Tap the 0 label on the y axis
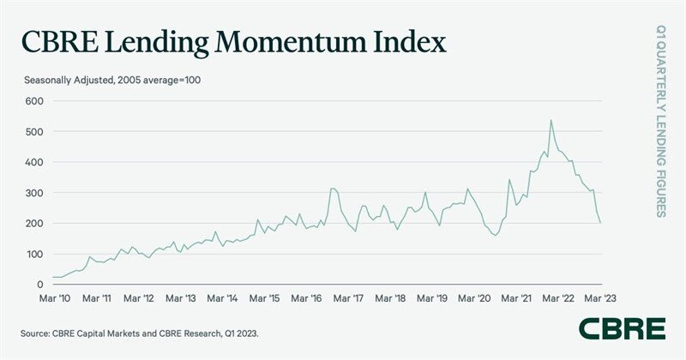[x=38, y=285]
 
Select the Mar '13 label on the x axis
[x=179, y=299]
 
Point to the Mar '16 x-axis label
[x=305, y=299]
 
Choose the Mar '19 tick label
[x=431, y=299]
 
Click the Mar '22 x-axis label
[x=558, y=299]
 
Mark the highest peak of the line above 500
[x=551, y=120]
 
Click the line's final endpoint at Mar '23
[x=600, y=223]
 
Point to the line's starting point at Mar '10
[x=53, y=277]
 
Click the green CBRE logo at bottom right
[x=622, y=328]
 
